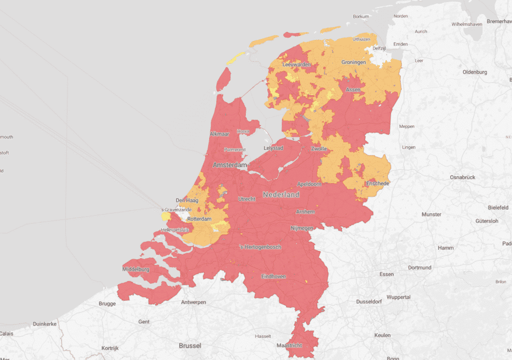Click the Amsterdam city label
pyautogui.click(x=230, y=165)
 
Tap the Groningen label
pyautogui.click(x=353, y=62)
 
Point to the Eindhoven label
pyautogui.click(x=273, y=276)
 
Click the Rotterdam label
pyautogui.click(x=200, y=219)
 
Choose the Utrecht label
pyautogui.click(x=247, y=199)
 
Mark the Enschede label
pyautogui.click(x=378, y=184)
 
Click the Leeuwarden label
pyautogui.click(x=297, y=64)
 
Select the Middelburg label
pyautogui.click(x=135, y=269)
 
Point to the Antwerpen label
pyautogui.click(x=194, y=303)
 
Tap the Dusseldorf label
pyautogui.click(x=369, y=302)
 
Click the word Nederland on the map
pyautogui.click(x=281, y=195)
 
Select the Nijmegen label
pyautogui.click(x=301, y=228)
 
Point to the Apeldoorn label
pyautogui.click(x=309, y=184)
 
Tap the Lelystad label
pyautogui.click(x=273, y=147)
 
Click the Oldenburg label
pyautogui.click(x=475, y=72)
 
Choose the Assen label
pyautogui.click(x=353, y=90)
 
